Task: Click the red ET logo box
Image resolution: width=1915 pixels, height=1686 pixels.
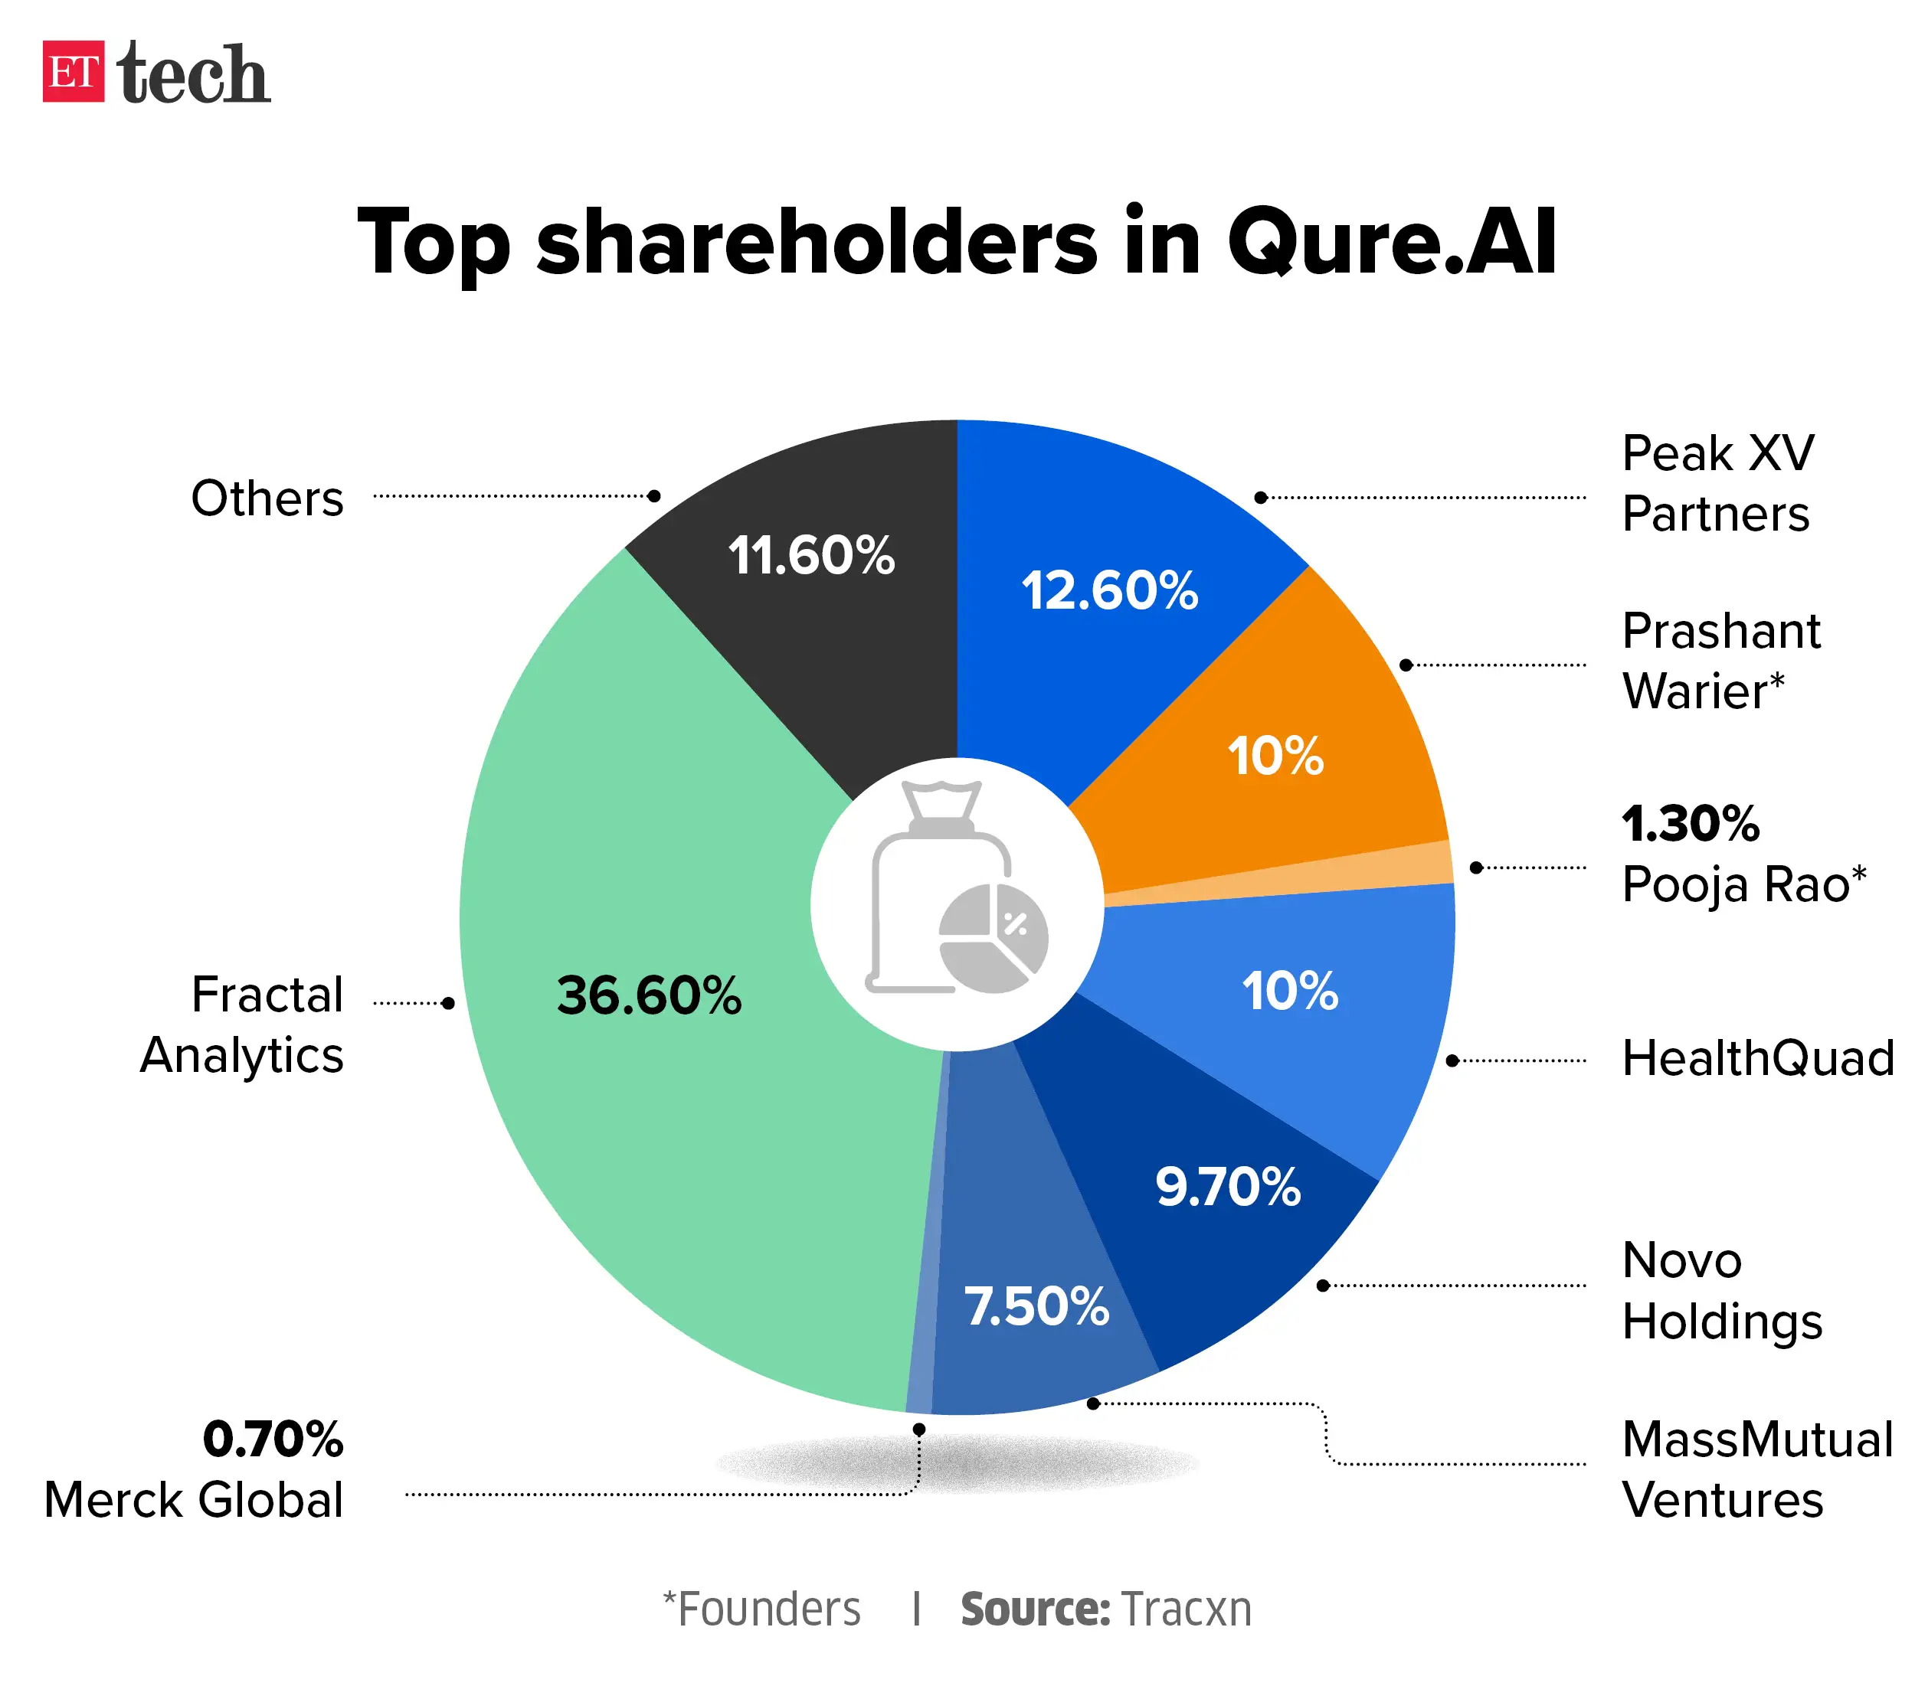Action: coord(73,71)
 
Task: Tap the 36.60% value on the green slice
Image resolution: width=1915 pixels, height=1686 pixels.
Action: coord(648,995)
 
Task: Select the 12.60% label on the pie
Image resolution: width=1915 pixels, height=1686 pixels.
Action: coord(1109,590)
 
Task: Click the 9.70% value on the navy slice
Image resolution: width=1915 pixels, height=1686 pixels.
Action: coord(1227,1187)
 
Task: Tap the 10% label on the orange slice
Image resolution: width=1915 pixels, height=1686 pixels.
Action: coord(1275,755)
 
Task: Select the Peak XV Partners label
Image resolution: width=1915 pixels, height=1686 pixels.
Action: coord(1717,483)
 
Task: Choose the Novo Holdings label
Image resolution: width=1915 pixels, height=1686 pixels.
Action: coord(1721,1290)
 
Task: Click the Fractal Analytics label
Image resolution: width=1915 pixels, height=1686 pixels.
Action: coord(244,1024)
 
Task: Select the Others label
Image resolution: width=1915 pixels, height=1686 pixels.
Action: coord(267,498)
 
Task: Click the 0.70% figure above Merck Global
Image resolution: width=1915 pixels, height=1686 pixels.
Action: coord(273,1439)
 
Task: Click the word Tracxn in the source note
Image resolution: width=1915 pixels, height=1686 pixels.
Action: coord(1185,1610)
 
